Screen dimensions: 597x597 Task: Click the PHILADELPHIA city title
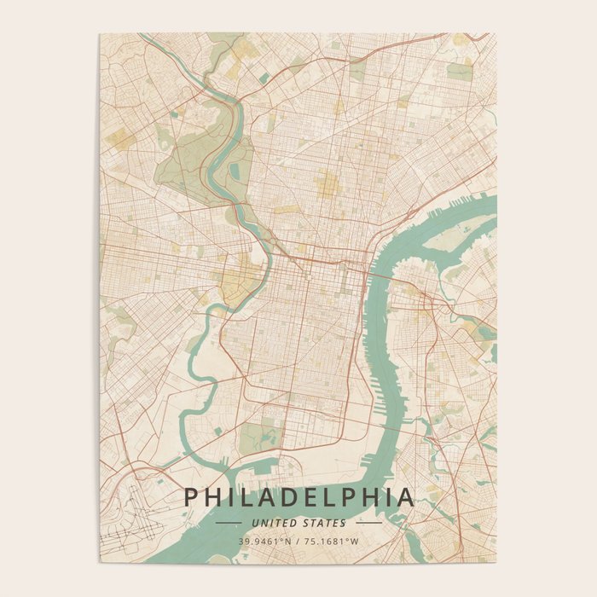[298, 497]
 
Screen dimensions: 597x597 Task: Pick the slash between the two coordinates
[298, 541]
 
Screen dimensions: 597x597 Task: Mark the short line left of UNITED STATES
[229, 523]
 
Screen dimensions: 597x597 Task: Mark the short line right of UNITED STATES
[368, 523]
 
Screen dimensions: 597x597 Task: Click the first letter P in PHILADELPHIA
[191, 497]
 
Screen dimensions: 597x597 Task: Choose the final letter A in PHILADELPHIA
[406, 497]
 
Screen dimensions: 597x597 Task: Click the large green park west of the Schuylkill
[183, 154]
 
